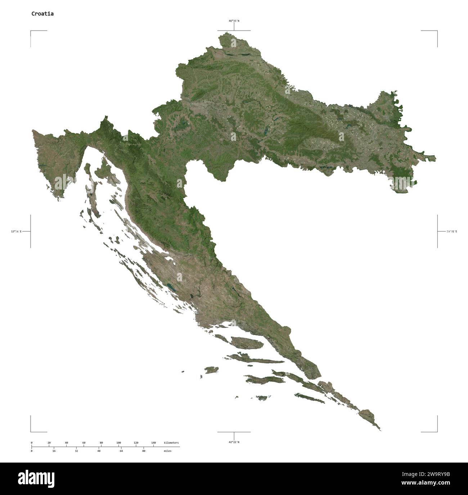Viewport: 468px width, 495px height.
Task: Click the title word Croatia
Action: [x=42, y=14]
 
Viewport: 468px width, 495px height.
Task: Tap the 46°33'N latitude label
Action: [x=234, y=21]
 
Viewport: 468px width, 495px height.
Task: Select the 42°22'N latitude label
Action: [x=234, y=442]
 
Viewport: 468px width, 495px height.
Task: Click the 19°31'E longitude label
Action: [x=451, y=231]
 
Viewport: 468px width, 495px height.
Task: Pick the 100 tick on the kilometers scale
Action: [x=118, y=442]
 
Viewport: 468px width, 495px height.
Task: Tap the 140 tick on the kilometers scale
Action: [x=153, y=442]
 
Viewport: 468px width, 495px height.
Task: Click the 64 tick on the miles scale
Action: [x=121, y=451]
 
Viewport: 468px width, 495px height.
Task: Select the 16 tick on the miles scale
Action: [x=54, y=451]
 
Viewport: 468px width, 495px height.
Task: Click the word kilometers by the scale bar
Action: [x=171, y=442]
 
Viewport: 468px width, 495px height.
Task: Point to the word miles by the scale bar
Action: [x=167, y=451]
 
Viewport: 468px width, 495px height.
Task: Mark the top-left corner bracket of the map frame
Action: [x=31, y=31]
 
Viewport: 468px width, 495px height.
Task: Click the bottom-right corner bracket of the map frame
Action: [x=437, y=431]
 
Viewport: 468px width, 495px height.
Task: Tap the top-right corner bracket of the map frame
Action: [x=437, y=31]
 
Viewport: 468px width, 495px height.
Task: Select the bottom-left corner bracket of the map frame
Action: [x=31, y=431]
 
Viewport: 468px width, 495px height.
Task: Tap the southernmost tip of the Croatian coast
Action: [x=380, y=430]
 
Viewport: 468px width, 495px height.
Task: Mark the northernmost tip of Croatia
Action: [x=227, y=33]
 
